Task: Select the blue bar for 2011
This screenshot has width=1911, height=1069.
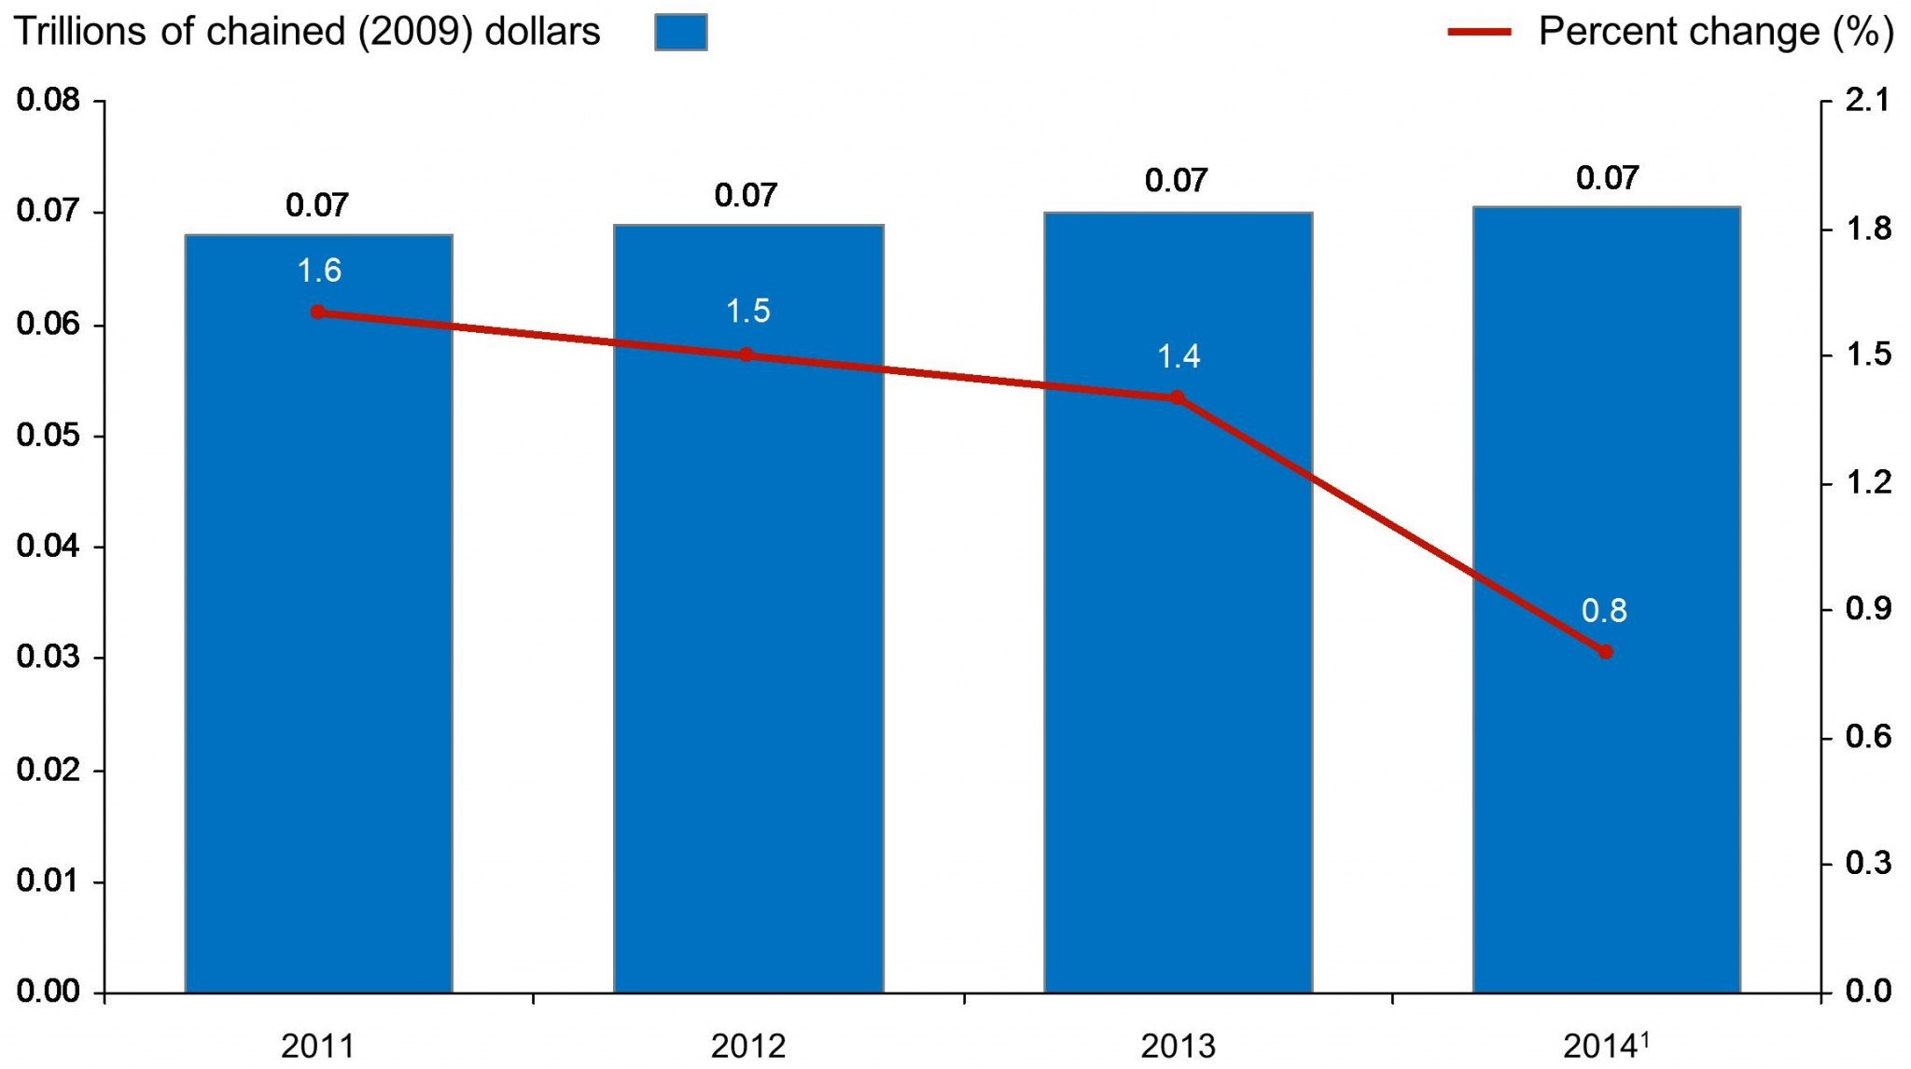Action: [x=318, y=653]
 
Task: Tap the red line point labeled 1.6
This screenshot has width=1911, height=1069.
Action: [x=318, y=312]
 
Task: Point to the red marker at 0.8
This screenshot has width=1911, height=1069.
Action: [x=1605, y=652]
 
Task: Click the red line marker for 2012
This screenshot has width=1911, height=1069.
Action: [x=746, y=354]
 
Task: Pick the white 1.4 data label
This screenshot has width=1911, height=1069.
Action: [x=1178, y=356]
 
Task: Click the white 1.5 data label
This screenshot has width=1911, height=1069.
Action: [x=748, y=311]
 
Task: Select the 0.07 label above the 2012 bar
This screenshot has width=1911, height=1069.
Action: [x=746, y=196]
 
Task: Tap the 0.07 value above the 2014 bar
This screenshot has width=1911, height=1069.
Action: [x=1607, y=178]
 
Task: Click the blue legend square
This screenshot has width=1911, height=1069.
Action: [x=680, y=32]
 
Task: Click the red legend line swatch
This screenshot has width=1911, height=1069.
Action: [x=1479, y=32]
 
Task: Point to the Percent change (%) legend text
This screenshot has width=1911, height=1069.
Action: [x=1715, y=32]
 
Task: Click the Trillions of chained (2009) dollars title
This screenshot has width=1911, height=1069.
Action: [x=307, y=32]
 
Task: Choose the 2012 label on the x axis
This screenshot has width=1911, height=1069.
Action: [x=748, y=1047]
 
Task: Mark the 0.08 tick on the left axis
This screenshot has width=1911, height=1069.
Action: [x=49, y=100]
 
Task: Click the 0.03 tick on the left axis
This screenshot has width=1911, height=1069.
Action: [x=49, y=658]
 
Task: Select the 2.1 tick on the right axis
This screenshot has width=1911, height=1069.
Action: [x=1867, y=100]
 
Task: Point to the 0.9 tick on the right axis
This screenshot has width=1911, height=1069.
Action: [x=1867, y=609]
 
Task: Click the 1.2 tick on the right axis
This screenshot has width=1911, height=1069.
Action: [x=1867, y=482]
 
